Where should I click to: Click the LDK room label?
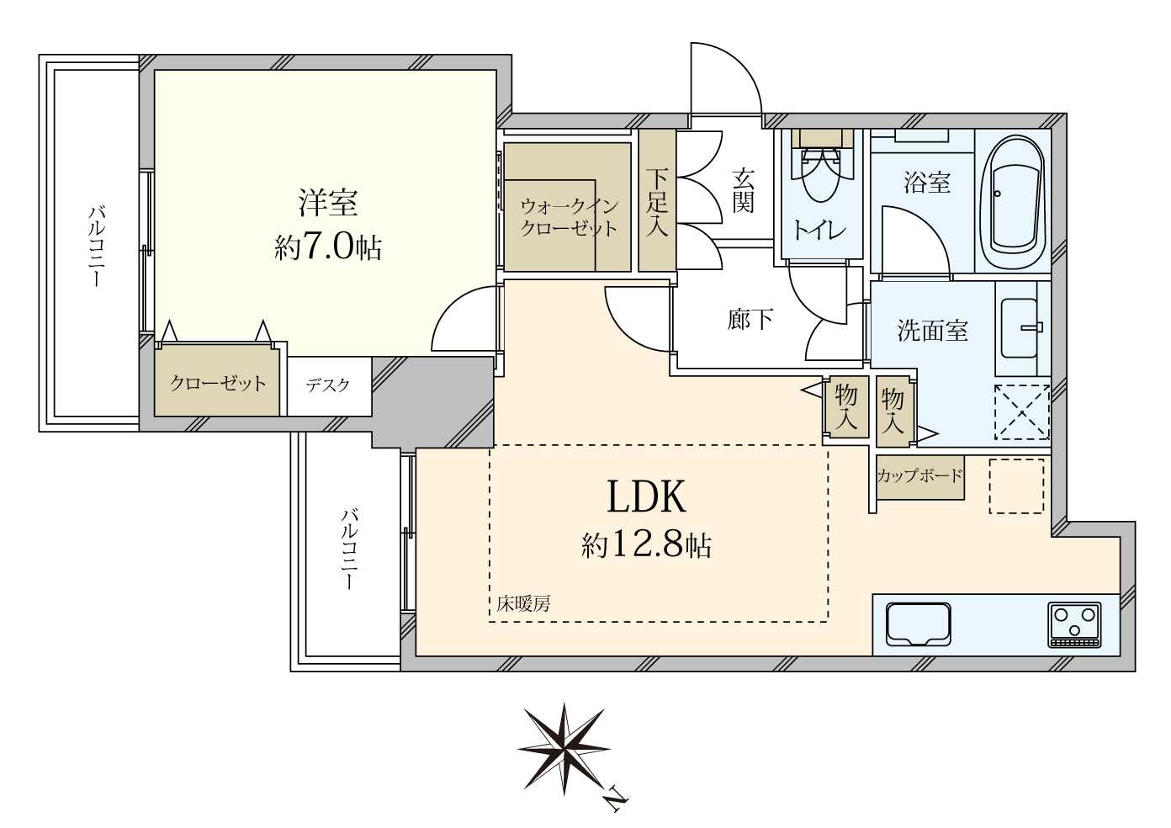[x=646, y=497]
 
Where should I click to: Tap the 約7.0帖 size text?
[x=328, y=248]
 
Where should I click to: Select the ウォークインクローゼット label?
[x=569, y=217]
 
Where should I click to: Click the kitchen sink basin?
[x=919, y=625]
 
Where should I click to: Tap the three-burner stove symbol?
[x=1074, y=625]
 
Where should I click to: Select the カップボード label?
[x=919, y=476]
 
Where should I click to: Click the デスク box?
[x=328, y=385]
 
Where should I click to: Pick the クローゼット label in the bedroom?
[x=217, y=384]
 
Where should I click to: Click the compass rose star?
[x=563, y=747]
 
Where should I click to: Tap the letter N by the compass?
[x=617, y=799]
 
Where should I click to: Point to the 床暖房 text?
[x=523, y=603]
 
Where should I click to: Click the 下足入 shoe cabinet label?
[x=657, y=202]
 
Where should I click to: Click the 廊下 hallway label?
[x=750, y=320]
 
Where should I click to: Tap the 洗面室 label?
[x=932, y=331]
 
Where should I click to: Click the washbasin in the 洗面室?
[x=1021, y=328]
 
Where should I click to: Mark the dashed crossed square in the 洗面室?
[x=1021, y=411]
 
